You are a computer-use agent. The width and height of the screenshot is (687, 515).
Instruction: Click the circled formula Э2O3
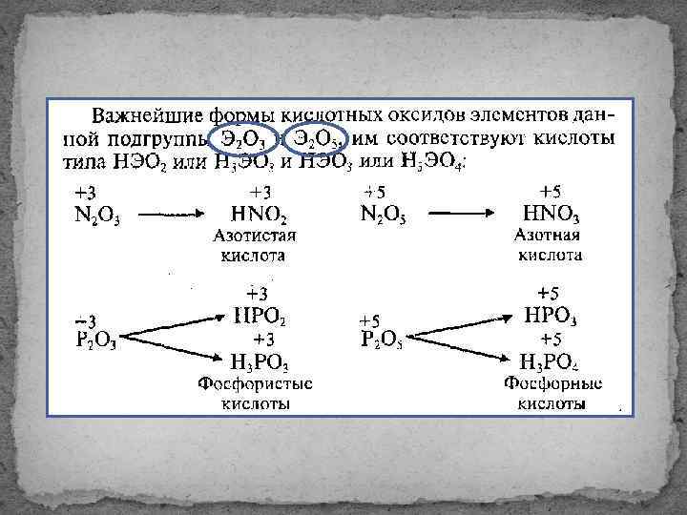click(242, 140)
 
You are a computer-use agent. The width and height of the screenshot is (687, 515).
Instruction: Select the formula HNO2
click(259, 215)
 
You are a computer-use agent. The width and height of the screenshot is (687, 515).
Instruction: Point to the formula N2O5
click(383, 215)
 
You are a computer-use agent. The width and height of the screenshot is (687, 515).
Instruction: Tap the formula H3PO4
click(551, 362)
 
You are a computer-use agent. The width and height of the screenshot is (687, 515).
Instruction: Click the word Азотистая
click(257, 236)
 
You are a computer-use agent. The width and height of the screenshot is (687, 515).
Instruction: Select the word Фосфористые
click(256, 384)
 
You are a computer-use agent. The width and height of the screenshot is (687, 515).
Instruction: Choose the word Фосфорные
click(552, 384)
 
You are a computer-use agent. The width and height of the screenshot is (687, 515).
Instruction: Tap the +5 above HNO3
click(551, 191)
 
